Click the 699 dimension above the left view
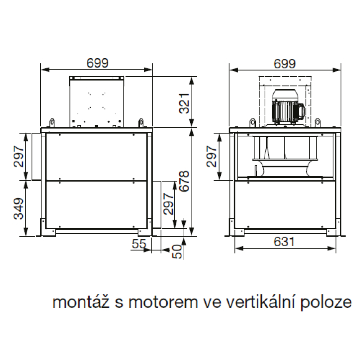pos(97,63)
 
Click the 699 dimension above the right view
pos(284,64)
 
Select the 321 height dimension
pos(184,103)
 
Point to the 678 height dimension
pos(184,181)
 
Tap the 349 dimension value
pos(19,208)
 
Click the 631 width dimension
pos(284,242)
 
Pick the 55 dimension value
pos(139,244)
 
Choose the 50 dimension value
pos(177,252)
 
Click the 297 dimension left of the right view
pos(211,156)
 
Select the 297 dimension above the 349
pos(19,156)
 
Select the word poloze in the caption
pos(326,303)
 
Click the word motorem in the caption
pos(163,303)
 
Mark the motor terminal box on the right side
pos(302,111)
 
